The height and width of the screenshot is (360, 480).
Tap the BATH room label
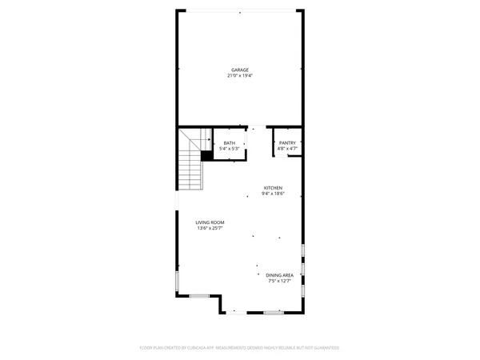(230, 143)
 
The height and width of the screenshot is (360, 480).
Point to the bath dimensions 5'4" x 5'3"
(230, 149)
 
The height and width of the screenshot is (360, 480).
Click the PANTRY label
(287, 143)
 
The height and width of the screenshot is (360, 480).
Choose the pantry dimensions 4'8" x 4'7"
(287, 149)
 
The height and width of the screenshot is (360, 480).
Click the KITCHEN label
(273, 188)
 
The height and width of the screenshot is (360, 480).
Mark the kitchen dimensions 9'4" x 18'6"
(273, 194)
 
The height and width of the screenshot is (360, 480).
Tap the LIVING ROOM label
(210, 222)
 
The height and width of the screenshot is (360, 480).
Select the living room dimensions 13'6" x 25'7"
(210, 228)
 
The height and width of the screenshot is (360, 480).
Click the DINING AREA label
(280, 275)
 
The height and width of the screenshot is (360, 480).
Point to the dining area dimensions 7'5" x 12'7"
(280, 281)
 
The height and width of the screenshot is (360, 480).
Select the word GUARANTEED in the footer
(325, 348)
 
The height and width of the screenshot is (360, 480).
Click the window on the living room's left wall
(177, 281)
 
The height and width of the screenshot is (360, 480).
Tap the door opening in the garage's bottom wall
(254, 127)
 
